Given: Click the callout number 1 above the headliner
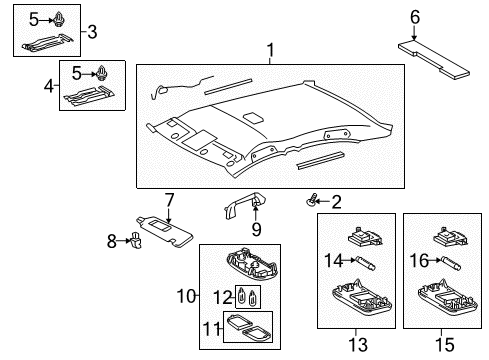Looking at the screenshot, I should point(268,51).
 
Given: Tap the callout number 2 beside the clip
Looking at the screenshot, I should point(336,202).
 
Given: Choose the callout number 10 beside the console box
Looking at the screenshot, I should point(183,296).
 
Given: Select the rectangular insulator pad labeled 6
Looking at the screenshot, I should point(435,58).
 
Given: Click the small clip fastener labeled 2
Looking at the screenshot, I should point(314,202).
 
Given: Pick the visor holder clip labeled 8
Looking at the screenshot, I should point(137,241).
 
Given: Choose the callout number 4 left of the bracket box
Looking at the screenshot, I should point(49,86).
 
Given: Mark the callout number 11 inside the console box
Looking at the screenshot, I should point(213,326).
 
